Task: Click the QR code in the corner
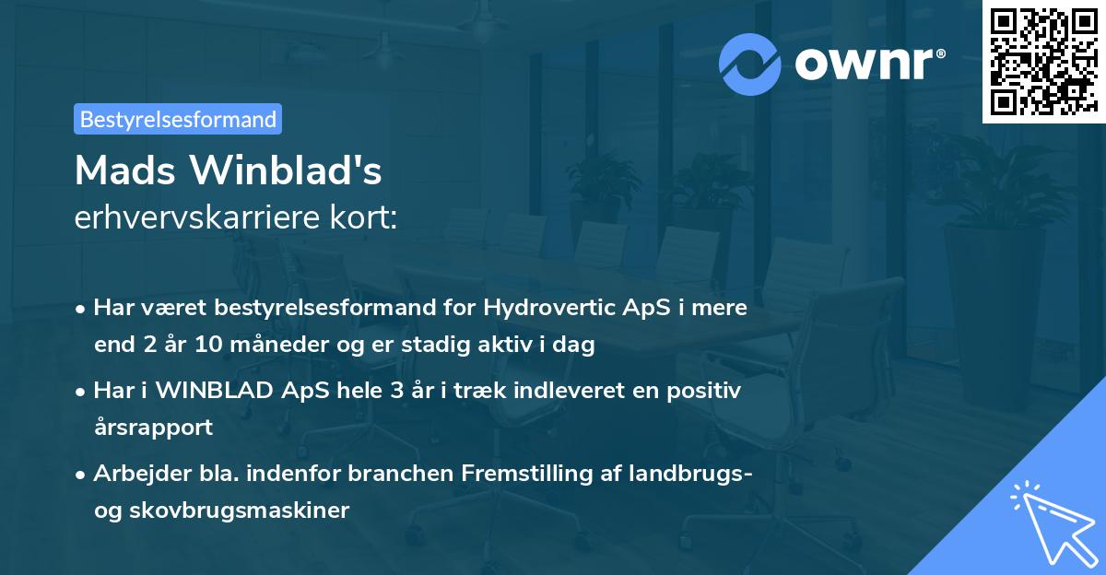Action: coord(1043,61)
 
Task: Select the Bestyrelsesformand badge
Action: coord(178,119)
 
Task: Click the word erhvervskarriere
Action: coord(201,218)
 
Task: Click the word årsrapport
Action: coord(153,427)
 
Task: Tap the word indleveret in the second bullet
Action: coord(558,391)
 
